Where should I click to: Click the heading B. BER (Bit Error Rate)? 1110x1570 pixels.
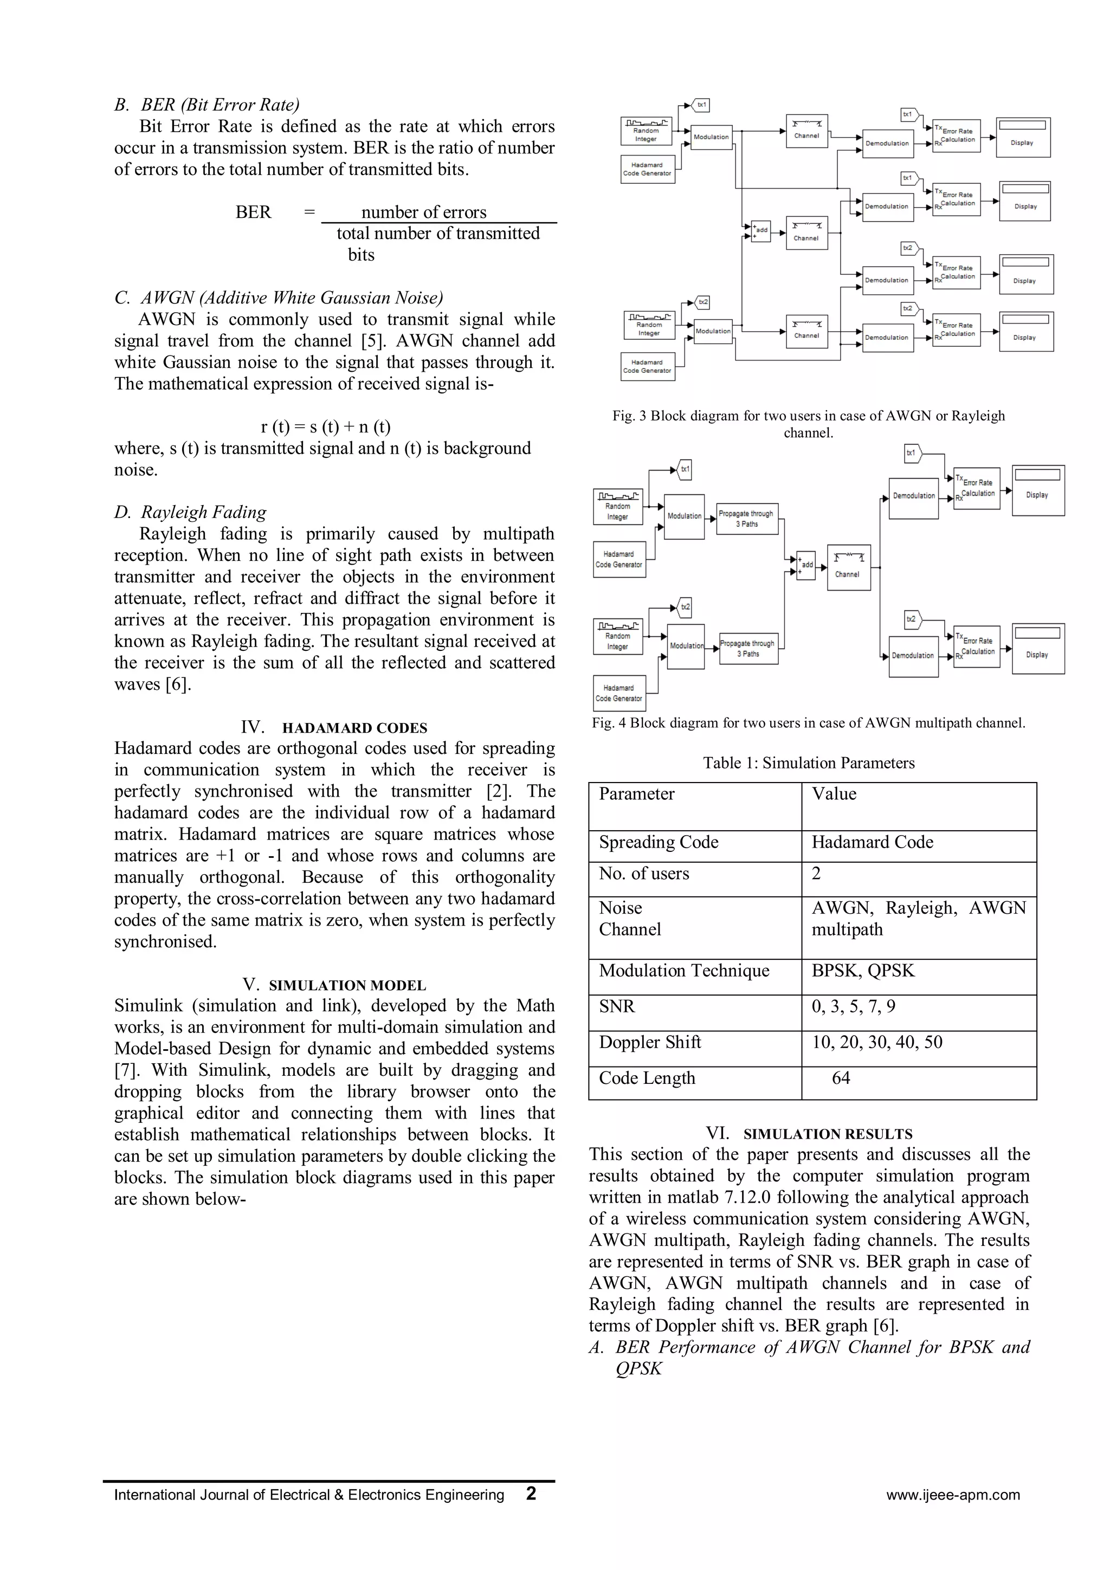tap(206, 105)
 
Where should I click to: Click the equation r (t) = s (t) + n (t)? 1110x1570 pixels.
tap(326, 427)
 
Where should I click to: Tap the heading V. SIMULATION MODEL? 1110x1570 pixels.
tap(334, 985)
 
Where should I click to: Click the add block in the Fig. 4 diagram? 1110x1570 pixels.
tap(805, 565)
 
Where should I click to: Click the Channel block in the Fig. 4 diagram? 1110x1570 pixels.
tap(848, 567)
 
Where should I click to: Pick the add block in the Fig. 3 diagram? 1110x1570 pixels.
tap(760, 230)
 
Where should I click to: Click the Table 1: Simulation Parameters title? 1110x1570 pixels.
tap(809, 763)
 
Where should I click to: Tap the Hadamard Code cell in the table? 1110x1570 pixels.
tap(872, 842)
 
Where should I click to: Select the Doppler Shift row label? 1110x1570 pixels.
tap(650, 1042)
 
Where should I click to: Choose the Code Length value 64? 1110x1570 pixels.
tap(841, 1078)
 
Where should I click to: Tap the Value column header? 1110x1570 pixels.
tap(834, 794)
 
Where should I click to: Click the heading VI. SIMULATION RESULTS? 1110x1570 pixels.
tap(809, 1134)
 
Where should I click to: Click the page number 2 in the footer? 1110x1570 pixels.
tap(531, 1494)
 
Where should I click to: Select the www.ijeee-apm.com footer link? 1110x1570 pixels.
tap(953, 1495)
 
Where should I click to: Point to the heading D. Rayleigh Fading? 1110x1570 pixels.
tap(190, 512)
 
